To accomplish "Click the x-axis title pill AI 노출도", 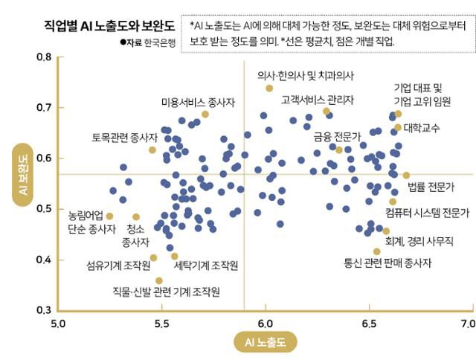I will click(265, 341).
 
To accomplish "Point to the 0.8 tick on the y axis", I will click(43, 57).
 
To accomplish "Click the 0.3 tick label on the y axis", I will click(43, 309).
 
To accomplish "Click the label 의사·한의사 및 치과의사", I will click(306, 75).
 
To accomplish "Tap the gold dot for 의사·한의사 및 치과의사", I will click(269, 89).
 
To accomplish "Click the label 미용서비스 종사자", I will click(196, 103).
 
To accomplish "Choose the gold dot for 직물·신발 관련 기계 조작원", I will click(159, 280).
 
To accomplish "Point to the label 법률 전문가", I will click(431, 186).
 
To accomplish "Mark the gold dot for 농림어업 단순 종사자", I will click(109, 216).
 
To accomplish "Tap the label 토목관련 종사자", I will click(125, 138).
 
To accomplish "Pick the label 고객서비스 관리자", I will click(318, 99).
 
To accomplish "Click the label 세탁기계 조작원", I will click(205, 265).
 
